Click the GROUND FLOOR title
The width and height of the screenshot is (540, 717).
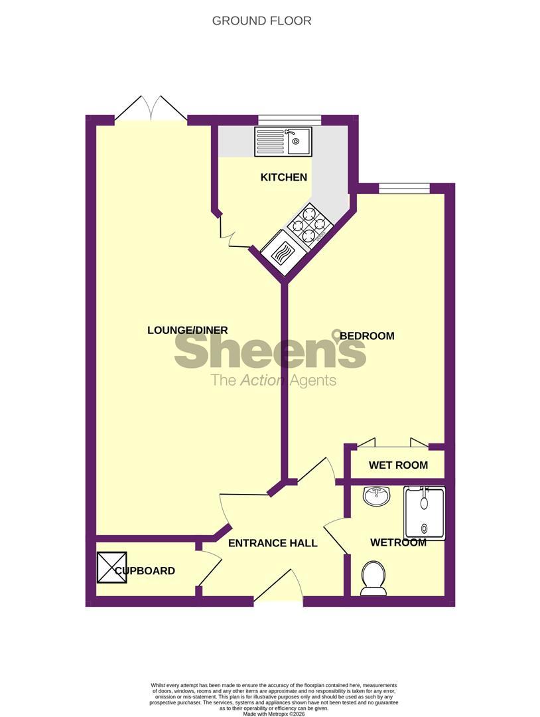(261, 21)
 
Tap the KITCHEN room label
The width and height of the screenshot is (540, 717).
(283, 177)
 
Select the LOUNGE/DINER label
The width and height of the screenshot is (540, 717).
(188, 330)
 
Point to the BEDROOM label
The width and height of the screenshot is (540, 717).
(367, 336)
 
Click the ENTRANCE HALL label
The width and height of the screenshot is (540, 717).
(273, 543)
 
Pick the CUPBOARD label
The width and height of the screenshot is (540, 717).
(145, 571)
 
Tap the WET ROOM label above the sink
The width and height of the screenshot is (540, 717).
(398, 465)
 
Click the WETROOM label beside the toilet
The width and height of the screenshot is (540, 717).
(398, 542)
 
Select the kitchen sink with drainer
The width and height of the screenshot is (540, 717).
(283, 141)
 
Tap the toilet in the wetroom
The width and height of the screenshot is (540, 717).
(373, 578)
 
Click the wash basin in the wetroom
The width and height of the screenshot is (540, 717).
(377, 496)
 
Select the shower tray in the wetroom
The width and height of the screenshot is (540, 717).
(425, 512)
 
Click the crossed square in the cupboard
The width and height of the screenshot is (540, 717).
(111, 568)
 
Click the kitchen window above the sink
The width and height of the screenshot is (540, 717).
(289, 120)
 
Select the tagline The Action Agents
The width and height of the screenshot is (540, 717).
(273, 380)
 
